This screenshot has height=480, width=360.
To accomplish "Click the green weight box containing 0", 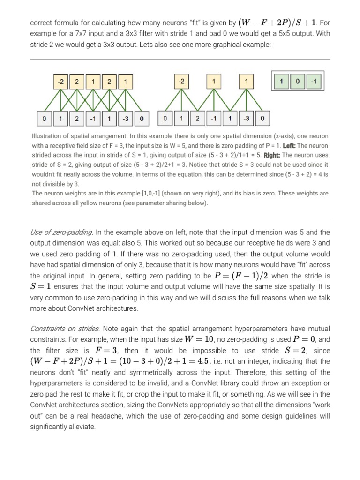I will tap(298, 82).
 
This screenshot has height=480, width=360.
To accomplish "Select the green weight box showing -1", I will tap(314, 82).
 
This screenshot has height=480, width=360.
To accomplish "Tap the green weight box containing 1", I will tap(282, 82).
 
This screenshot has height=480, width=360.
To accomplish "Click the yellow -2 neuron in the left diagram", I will tap(60, 82).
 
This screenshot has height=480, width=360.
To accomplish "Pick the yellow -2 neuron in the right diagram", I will tap(181, 82).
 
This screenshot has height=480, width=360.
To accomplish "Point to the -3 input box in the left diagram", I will tap(125, 118).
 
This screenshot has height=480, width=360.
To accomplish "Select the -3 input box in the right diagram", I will tap(246, 118).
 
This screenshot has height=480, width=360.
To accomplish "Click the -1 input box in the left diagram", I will tap(93, 118).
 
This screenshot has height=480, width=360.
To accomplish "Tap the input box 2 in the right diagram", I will tap(198, 118).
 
